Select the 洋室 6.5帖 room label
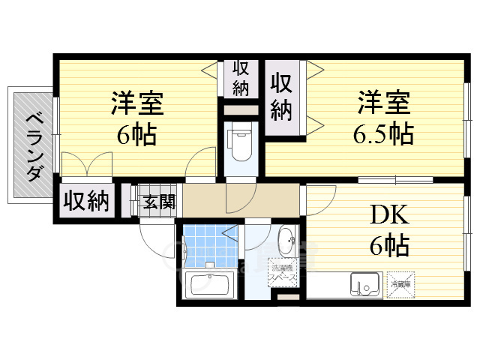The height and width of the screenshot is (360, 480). tap(382, 118)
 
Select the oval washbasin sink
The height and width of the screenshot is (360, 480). tap(286, 242)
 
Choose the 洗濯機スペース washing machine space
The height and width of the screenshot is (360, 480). tap(285, 274)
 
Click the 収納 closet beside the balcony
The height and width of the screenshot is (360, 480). tap(86, 201)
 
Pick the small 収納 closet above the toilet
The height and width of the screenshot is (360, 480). tap(240, 79)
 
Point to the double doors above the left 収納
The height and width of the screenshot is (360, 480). tap(88, 166)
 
